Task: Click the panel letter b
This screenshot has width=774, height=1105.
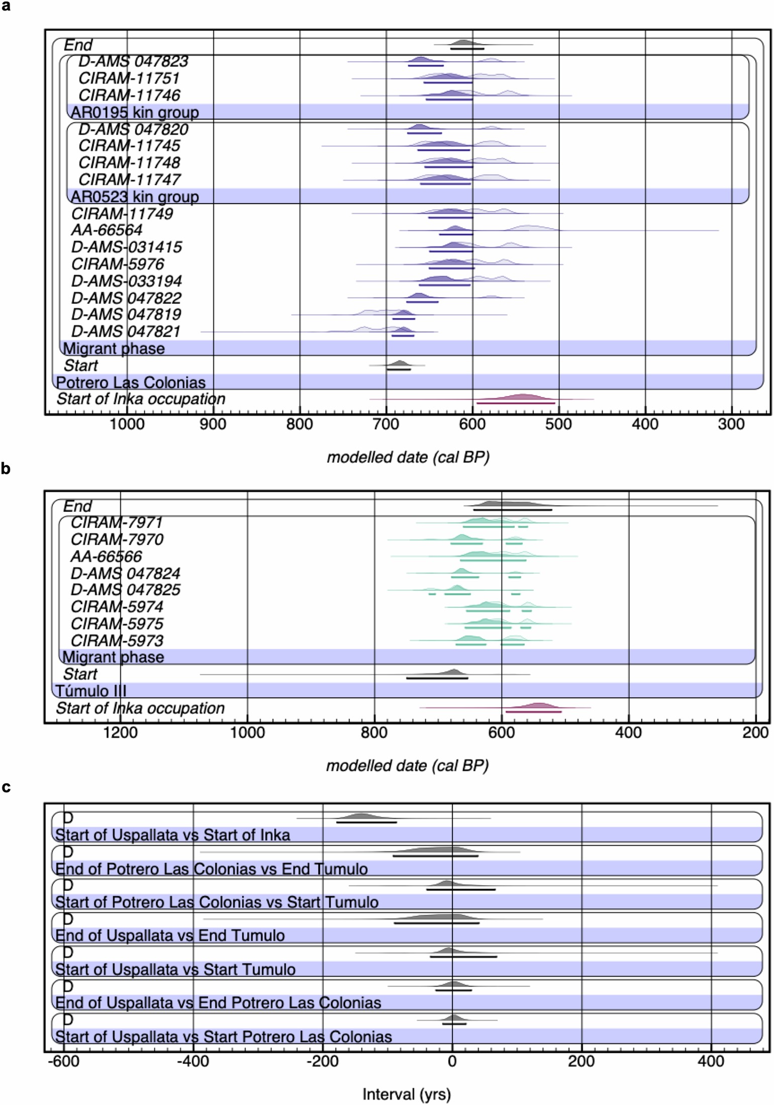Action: pos(6,469)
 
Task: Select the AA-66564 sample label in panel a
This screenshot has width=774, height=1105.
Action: pos(107,230)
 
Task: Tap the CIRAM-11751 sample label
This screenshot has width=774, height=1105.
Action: pos(129,78)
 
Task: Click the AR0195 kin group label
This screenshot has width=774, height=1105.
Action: pos(135,112)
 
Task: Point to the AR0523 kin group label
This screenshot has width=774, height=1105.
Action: pos(135,197)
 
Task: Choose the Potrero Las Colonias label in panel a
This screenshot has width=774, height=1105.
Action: pos(131,383)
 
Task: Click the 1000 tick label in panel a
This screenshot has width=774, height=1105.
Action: pos(127,424)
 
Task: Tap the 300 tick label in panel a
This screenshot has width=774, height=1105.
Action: pos(731,424)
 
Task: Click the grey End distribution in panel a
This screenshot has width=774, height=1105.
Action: pos(463,43)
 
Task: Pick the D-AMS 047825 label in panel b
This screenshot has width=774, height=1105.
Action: pos(125,590)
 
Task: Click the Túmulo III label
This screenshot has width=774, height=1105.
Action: pos(90,691)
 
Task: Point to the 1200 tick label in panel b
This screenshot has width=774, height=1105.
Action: pos(120,732)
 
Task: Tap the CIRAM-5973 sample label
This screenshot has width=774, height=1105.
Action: pos(117,640)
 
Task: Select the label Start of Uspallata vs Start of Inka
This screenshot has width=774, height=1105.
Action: pos(172,835)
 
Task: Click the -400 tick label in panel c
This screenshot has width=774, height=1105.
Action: pos(193,1061)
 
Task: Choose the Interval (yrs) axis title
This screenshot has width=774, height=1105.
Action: pos(407,1094)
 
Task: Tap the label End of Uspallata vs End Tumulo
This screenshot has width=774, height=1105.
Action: pos(170,936)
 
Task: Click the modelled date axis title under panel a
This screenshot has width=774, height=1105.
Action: pos(408,457)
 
